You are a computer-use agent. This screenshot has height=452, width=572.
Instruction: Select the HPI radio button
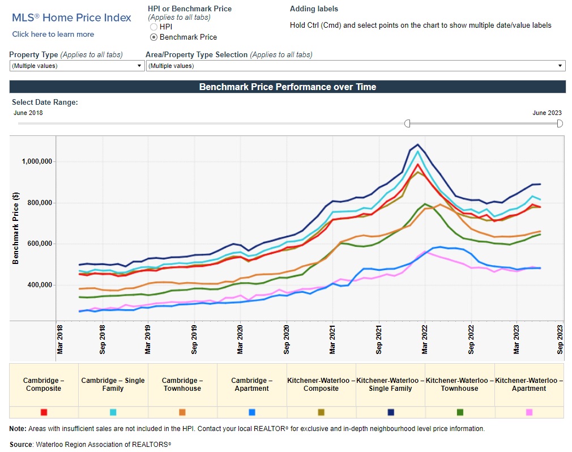[153, 27]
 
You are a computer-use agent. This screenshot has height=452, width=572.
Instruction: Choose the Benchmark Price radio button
[153, 37]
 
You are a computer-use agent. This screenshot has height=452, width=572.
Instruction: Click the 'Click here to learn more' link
[53, 34]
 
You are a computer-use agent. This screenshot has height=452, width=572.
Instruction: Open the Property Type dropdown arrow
[139, 66]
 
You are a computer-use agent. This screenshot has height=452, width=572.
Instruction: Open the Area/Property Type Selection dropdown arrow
[560, 66]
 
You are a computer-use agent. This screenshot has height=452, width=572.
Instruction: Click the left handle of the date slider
[407, 123]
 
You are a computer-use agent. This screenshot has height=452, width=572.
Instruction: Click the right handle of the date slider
[560, 123]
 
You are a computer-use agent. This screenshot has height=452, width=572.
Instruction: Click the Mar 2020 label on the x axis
[240, 340]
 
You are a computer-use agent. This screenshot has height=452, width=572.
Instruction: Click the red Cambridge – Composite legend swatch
[44, 412]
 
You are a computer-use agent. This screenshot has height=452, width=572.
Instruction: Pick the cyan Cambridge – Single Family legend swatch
[113, 412]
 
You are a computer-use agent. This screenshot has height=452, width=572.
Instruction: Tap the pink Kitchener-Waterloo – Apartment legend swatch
[529, 412]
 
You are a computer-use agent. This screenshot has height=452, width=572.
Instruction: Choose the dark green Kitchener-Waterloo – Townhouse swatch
[460, 412]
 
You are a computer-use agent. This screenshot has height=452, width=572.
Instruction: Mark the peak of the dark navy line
[417, 144]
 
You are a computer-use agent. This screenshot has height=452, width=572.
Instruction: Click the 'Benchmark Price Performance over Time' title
[287, 87]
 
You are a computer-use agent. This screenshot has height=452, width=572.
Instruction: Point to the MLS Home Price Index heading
[71, 18]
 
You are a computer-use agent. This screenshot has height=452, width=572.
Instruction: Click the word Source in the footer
[20, 444]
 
